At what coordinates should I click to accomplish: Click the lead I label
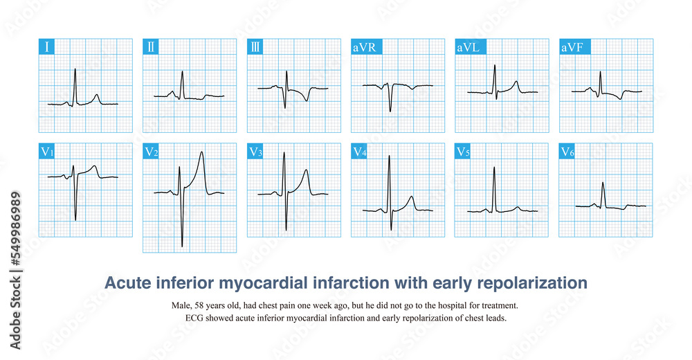point(46,48)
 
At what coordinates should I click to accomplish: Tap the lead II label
point(152,48)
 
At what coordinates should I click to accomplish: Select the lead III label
point(256,48)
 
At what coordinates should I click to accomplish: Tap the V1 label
point(48,152)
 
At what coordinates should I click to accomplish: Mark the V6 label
point(568,152)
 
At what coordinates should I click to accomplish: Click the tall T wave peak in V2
point(201,152)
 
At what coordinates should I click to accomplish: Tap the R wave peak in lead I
point(75,69)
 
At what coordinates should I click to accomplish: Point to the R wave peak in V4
point(389,156)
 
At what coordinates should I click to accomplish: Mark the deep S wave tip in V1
point(75,220)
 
